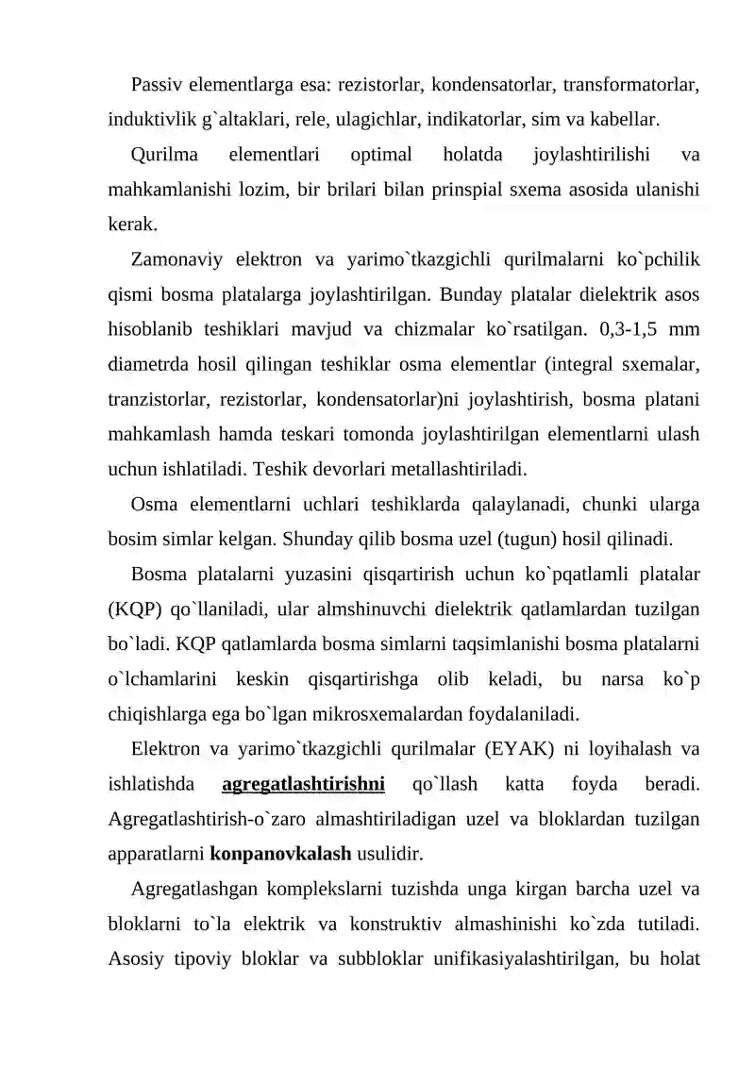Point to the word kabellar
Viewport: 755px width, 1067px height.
(x=621, y=120)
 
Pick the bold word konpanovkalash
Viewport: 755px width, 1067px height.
(x=280, y=855)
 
